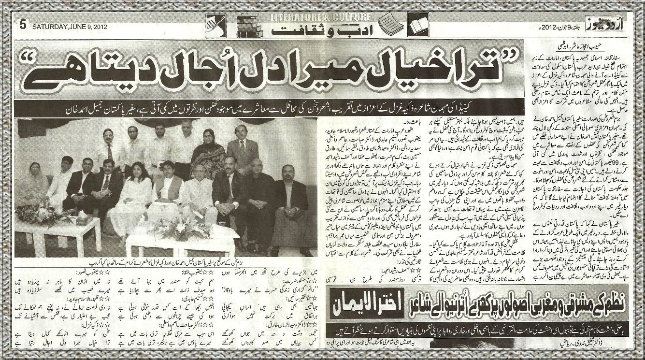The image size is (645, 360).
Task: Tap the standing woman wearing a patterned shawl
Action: point(208,154)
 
